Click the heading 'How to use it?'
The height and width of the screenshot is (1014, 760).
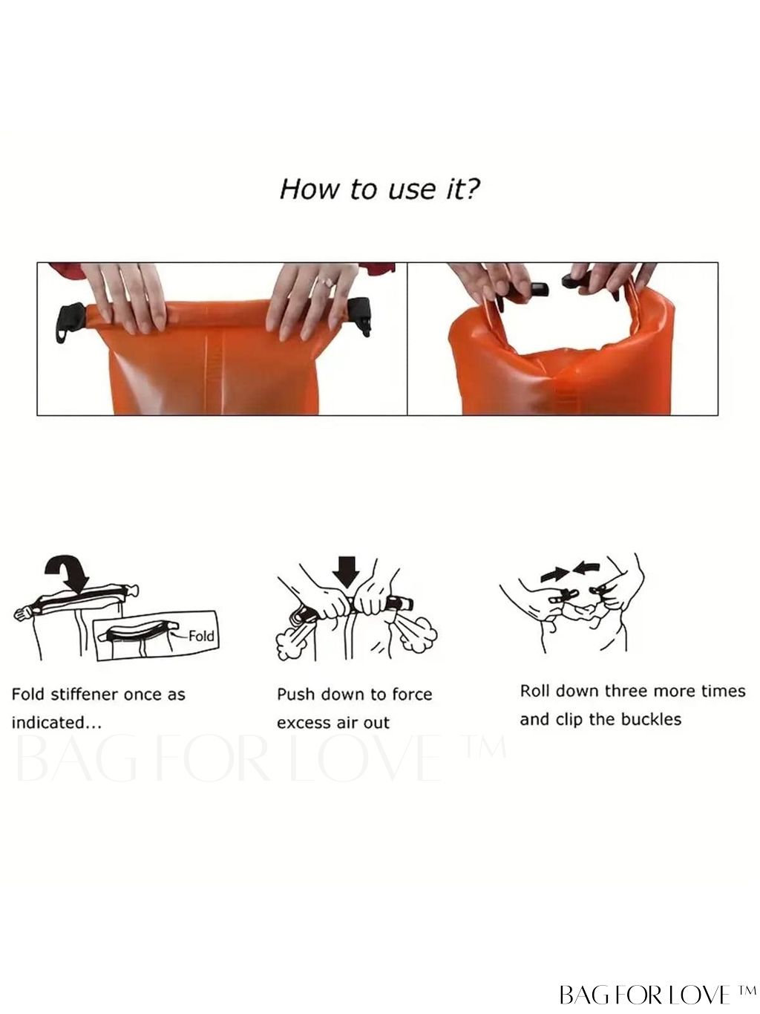point(379,189)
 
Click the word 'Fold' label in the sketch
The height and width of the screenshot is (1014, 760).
point(201,636)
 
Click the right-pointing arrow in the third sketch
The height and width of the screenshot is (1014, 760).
point(555,574)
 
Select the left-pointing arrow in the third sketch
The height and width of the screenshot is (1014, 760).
point(587,568)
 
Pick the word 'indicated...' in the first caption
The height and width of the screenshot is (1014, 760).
point(56,722)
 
